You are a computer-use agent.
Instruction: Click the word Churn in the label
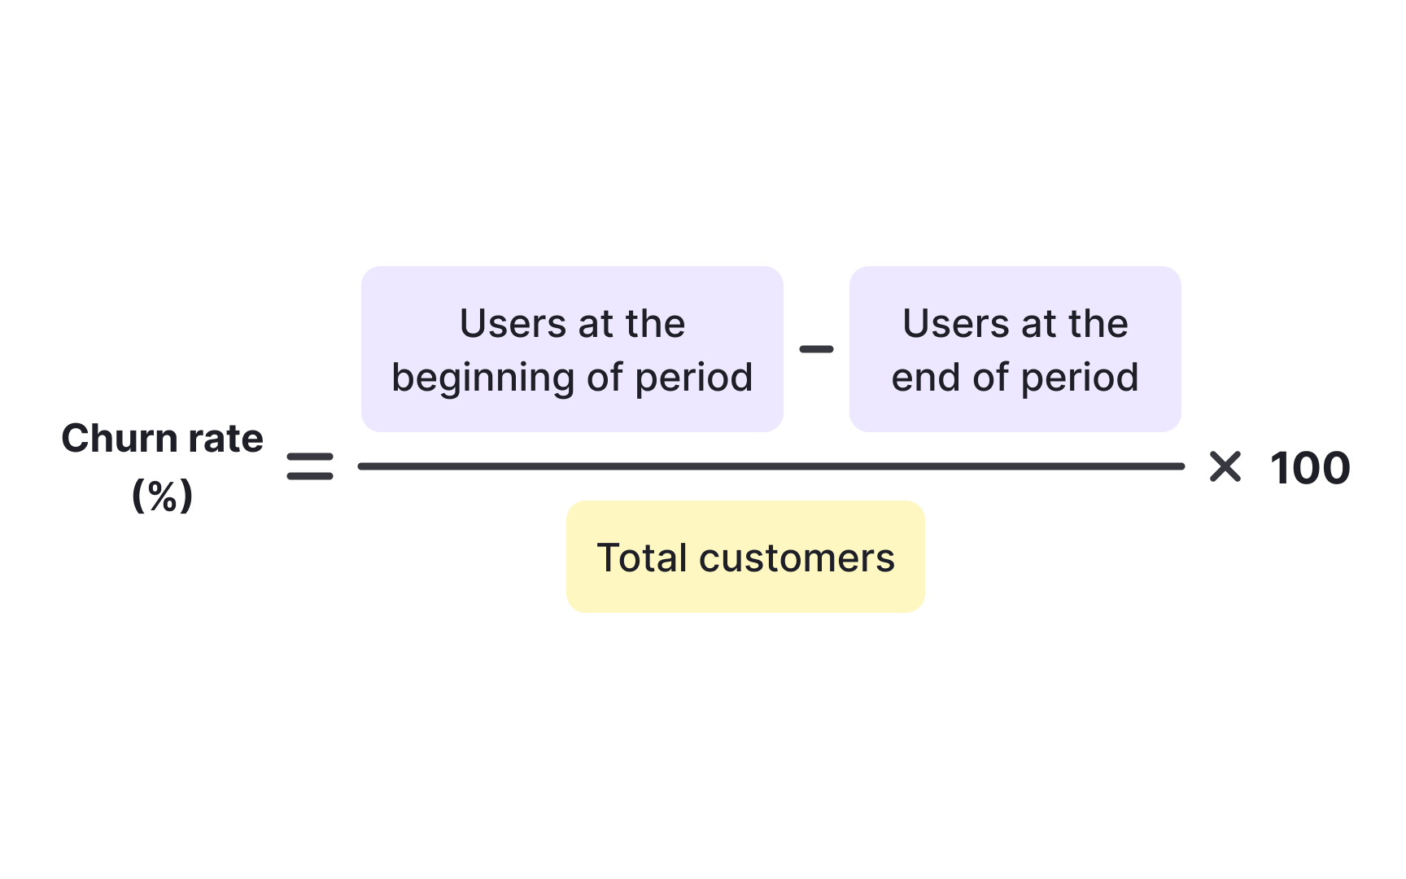pos(120,439)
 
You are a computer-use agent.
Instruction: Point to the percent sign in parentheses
pos(163,496)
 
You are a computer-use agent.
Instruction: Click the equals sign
pos(310,466)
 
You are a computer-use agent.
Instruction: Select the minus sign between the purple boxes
pos(816,349)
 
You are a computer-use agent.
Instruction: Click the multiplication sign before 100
pos(1225,467)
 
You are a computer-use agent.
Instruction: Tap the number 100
pos(1310,469)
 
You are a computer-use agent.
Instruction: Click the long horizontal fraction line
pos(771,466)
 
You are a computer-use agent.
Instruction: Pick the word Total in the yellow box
pos(642,558)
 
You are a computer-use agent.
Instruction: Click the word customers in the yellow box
pos(797,558)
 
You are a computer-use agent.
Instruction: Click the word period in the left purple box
pos(693,378)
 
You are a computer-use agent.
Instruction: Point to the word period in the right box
pos(1079,378)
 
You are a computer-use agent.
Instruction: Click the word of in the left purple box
pos(605,378)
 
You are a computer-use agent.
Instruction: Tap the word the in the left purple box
pos(655,324)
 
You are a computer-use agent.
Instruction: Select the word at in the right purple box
pos(1037,325)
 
